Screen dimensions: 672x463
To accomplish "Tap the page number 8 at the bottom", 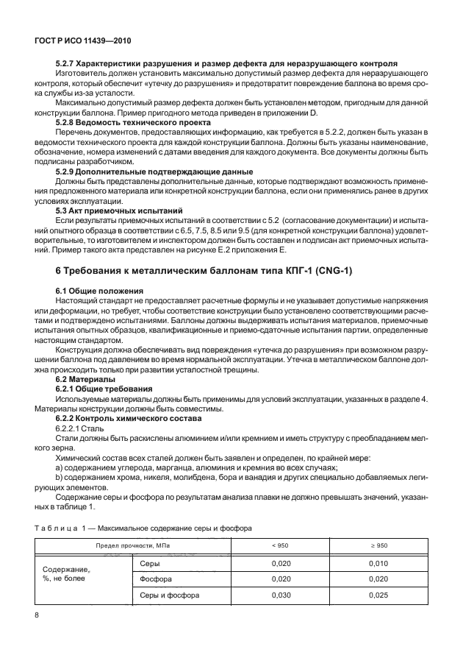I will (37, 614).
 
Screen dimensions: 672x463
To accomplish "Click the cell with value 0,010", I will (376, 562).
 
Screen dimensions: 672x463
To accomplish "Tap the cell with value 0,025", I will (376, 594).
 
